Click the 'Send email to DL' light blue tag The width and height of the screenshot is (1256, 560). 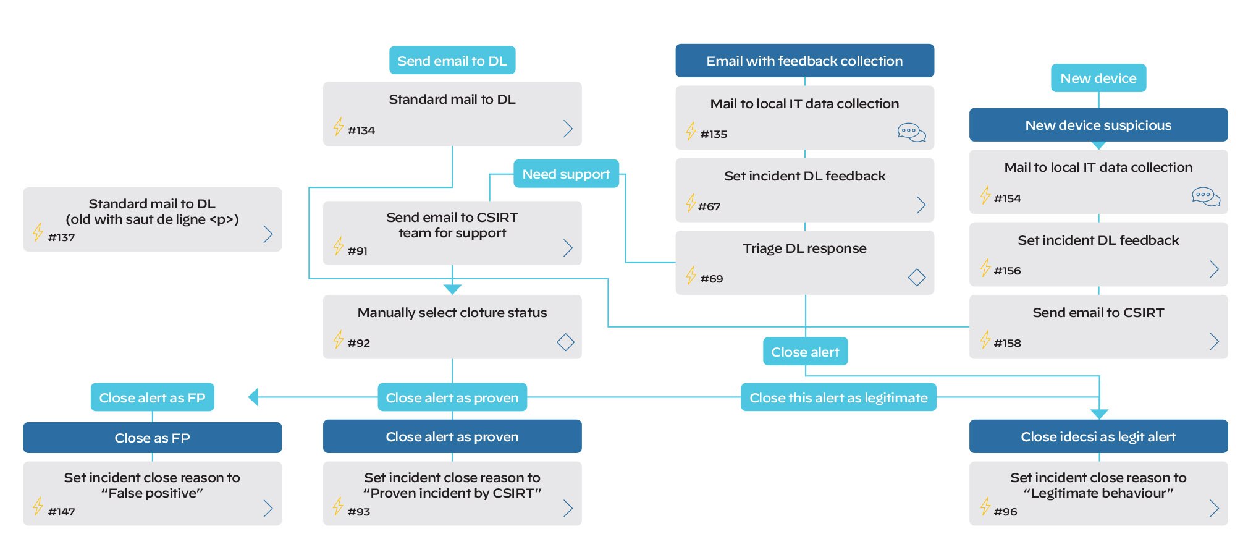point(452,61)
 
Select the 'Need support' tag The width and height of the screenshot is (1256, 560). point(566,174)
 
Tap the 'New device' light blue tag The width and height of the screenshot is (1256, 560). point(1098,78)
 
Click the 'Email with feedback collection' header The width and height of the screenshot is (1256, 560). point(804,61)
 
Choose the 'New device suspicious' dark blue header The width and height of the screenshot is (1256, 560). point(1098,125)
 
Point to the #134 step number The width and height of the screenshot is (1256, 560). point(361,130)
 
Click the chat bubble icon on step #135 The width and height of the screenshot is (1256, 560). point(911,132)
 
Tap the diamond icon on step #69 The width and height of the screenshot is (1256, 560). point(916,278)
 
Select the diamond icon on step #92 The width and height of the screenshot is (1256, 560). point(565,342)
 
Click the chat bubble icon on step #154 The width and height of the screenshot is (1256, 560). point(1205,197)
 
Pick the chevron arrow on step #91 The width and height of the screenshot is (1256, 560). point(568,248)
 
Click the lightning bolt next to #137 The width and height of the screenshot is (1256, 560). point(38,232)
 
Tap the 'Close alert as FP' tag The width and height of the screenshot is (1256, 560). point(152,397)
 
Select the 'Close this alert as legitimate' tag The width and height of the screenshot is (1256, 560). point(838,397)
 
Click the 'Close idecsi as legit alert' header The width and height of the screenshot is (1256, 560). point(1098,437)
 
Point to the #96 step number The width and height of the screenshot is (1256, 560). point(1005,512)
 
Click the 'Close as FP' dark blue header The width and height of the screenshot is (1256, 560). point(152,438)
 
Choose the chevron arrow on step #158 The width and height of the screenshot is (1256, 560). point(1214,342)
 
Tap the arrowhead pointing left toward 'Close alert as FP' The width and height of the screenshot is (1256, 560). point(253,397)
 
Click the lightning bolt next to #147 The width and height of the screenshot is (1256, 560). point(38,506)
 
